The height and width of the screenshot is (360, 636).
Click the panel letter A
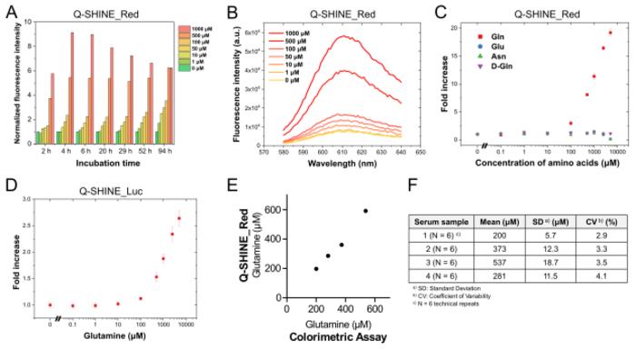9,11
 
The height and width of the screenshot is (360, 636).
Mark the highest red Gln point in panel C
611,33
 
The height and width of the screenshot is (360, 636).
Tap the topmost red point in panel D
178,218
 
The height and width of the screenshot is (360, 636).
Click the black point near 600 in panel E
366,211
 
